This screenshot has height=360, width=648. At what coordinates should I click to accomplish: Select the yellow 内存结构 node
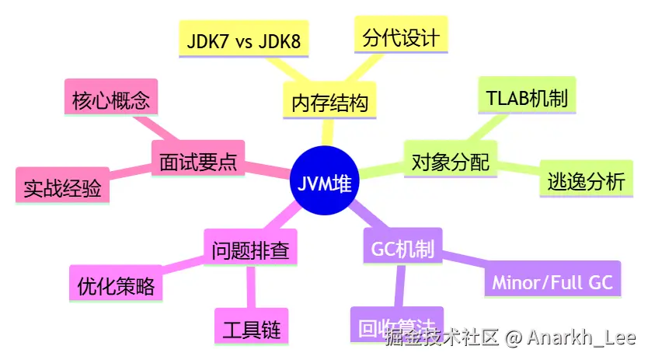(x=329, y=102)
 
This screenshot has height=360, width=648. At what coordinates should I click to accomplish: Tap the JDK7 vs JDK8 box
(x=243, y=41)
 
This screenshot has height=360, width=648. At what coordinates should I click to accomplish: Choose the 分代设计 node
(x=401, y=37)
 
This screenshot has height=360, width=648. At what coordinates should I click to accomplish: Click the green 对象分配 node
(x=450, y=162)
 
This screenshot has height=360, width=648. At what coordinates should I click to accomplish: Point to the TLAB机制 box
(x=527, y=98)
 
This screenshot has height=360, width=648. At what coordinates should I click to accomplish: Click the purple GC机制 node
(x=402, y=250)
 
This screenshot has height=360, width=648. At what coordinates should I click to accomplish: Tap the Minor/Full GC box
(x=552, y=281)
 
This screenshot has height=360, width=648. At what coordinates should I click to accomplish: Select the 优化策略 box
(x=116, y=286)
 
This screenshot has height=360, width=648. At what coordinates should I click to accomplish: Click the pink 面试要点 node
(x=197, y=162)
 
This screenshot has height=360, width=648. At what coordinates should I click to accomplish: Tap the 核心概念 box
(x=110, y=100)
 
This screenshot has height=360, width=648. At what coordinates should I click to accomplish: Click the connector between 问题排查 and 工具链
(x=250, y=288)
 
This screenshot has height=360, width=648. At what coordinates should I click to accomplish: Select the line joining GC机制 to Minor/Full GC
(x=464, y=264)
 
